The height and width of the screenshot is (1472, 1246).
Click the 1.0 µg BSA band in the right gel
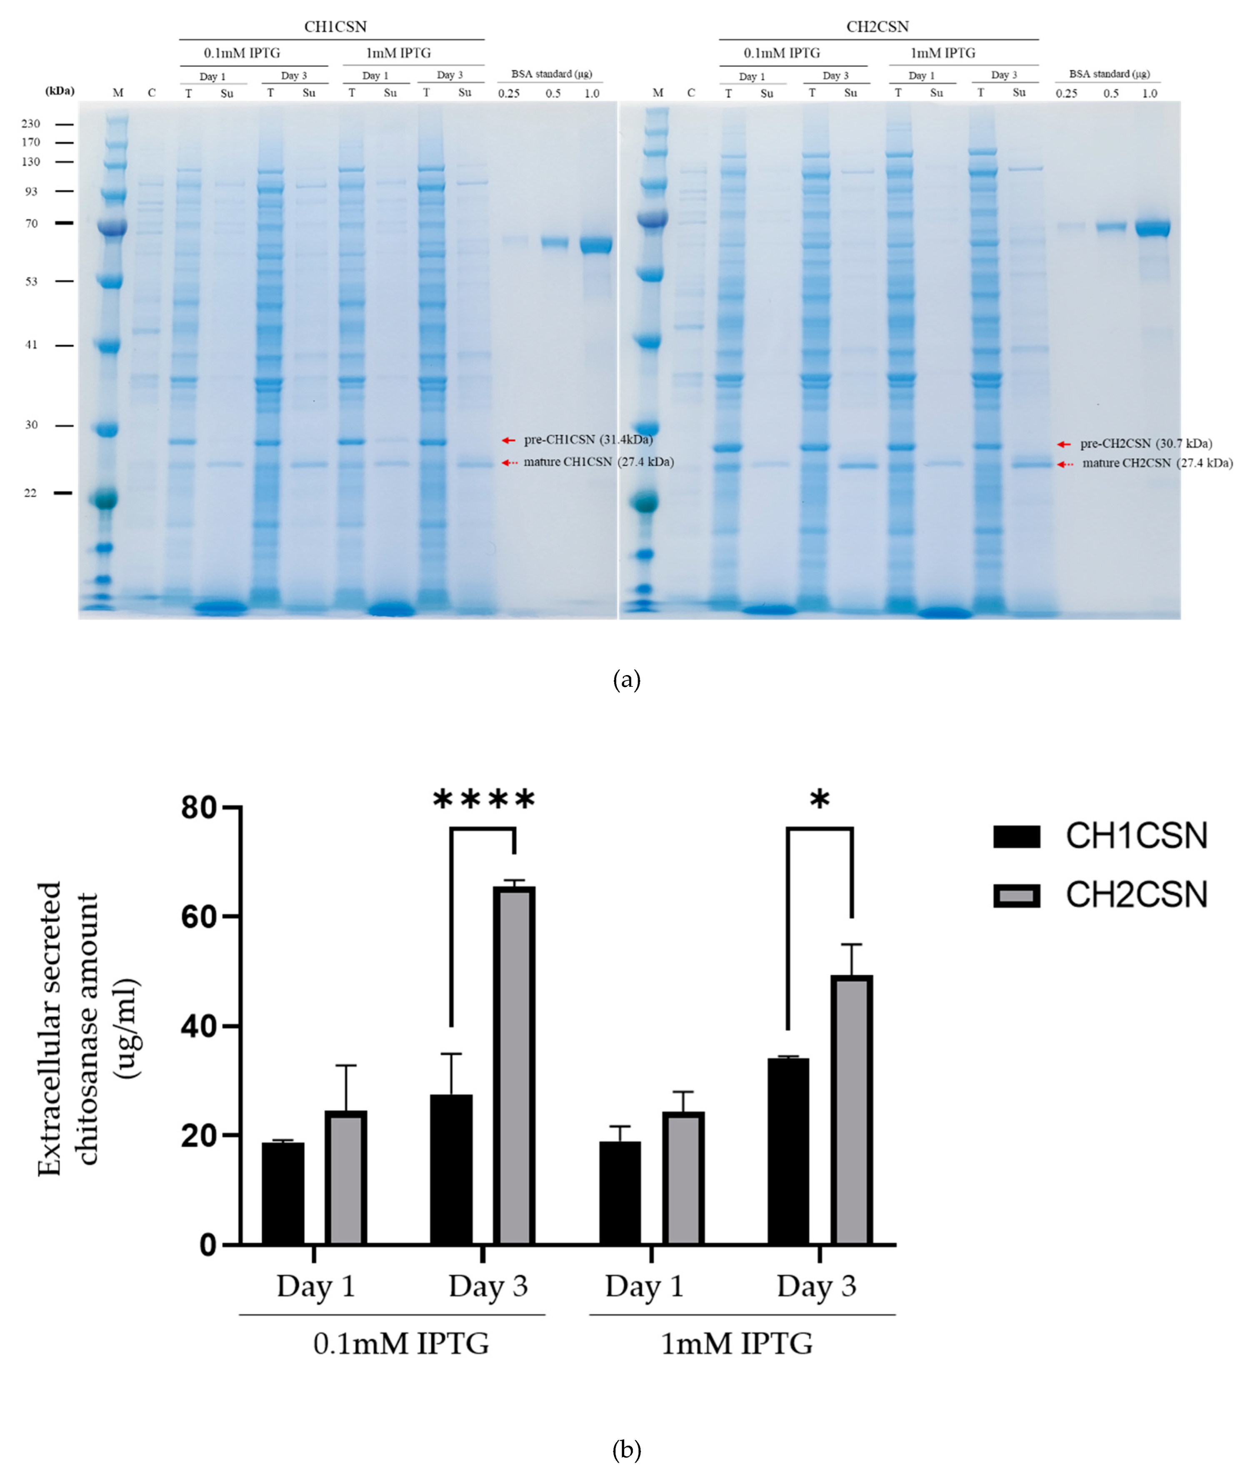coord(1152,228)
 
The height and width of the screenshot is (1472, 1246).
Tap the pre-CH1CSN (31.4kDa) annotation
coord(588,440)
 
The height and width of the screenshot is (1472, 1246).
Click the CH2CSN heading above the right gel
coord(877,27)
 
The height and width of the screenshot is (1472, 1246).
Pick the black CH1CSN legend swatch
coord(1016,836)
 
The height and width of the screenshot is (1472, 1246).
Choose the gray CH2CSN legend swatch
coord(1016,895)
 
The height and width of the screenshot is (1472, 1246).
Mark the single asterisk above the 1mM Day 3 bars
coord(819,801)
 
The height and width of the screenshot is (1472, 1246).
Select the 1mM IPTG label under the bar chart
coord(737,1344)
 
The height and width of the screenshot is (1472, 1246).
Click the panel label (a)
coord(626,680)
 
